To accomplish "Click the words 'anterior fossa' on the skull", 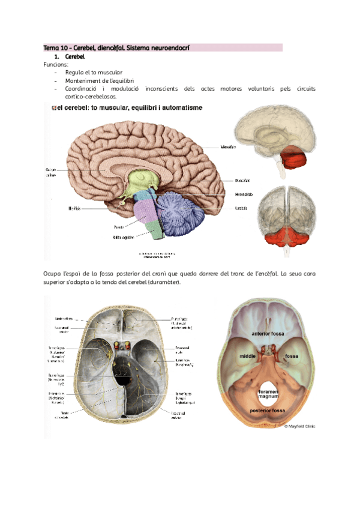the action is (x=269, y=333).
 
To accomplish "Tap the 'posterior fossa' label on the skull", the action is (x=268, y=411).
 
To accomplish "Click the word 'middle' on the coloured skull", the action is (x=248, y=357).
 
